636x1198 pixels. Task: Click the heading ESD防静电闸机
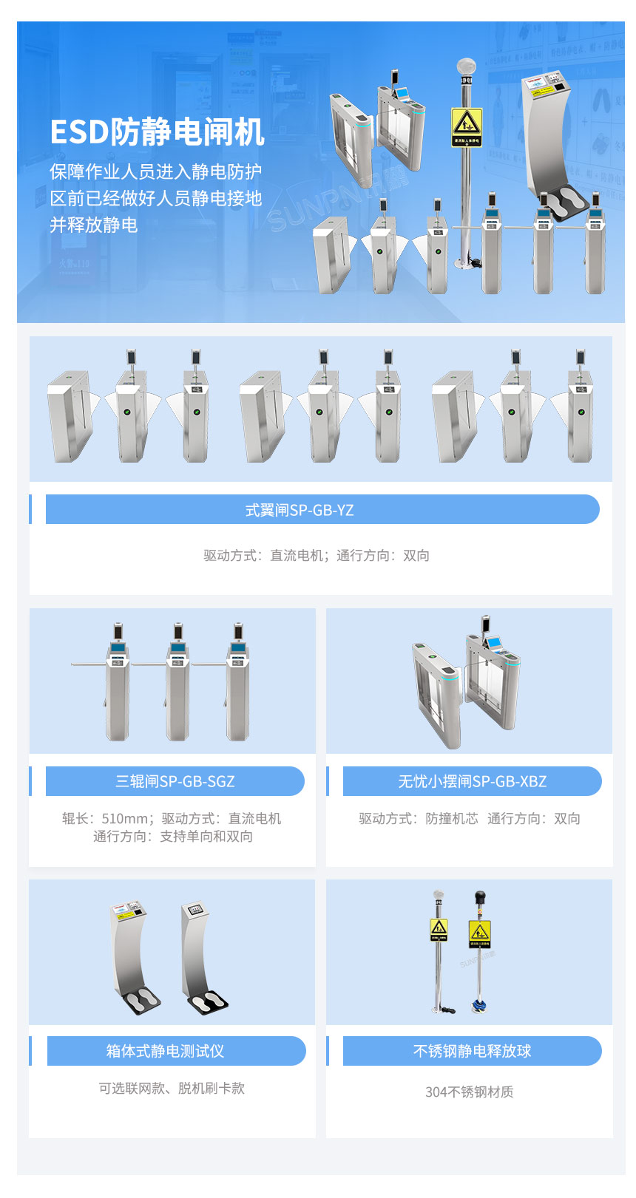(x=157, y=132)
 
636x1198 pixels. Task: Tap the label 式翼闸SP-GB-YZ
(x=300, y=510)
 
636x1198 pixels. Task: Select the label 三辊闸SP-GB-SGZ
(x=175, y=781)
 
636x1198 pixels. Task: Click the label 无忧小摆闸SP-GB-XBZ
(x=472, y=781)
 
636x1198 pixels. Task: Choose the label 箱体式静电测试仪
(x=165, y=1051)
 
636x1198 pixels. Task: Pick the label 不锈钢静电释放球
(x=472, y=1051)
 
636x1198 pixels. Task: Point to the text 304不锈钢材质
(x=469, y=1092)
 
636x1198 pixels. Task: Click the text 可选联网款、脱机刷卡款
(x=172, y=1088)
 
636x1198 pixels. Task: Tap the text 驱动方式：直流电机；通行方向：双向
(x=317, y=555)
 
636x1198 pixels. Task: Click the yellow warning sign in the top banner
(x=467, y=126)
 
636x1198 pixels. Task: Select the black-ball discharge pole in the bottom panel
(x=480, y=950)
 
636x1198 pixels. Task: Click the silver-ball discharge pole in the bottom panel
(x=439, y=950)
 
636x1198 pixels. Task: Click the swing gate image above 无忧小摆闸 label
(x=466, y=680)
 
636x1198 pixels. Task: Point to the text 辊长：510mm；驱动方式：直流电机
(x=172, y=818)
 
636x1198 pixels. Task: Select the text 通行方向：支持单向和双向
(x=173, y=836)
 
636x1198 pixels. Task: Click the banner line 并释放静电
(x=94, y=225)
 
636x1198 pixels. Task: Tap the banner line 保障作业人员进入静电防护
(x=156, y=171)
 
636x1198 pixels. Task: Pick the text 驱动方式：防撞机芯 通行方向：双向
(x=470, y=818)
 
